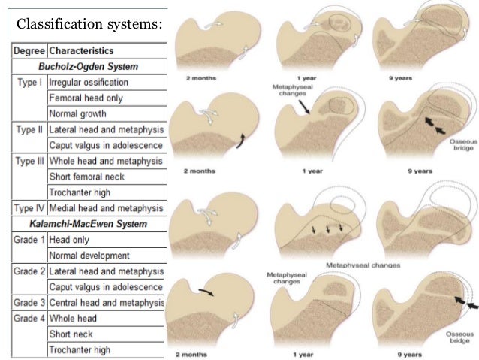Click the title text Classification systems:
coord(89,25)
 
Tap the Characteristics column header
coord(81,51)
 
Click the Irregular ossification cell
coord(88,82)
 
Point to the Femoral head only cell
coord(86,98)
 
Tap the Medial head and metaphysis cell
coord(105,208)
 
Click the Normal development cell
coord(89,256)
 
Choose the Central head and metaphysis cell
coord(105,303)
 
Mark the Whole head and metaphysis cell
coord(105,161)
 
